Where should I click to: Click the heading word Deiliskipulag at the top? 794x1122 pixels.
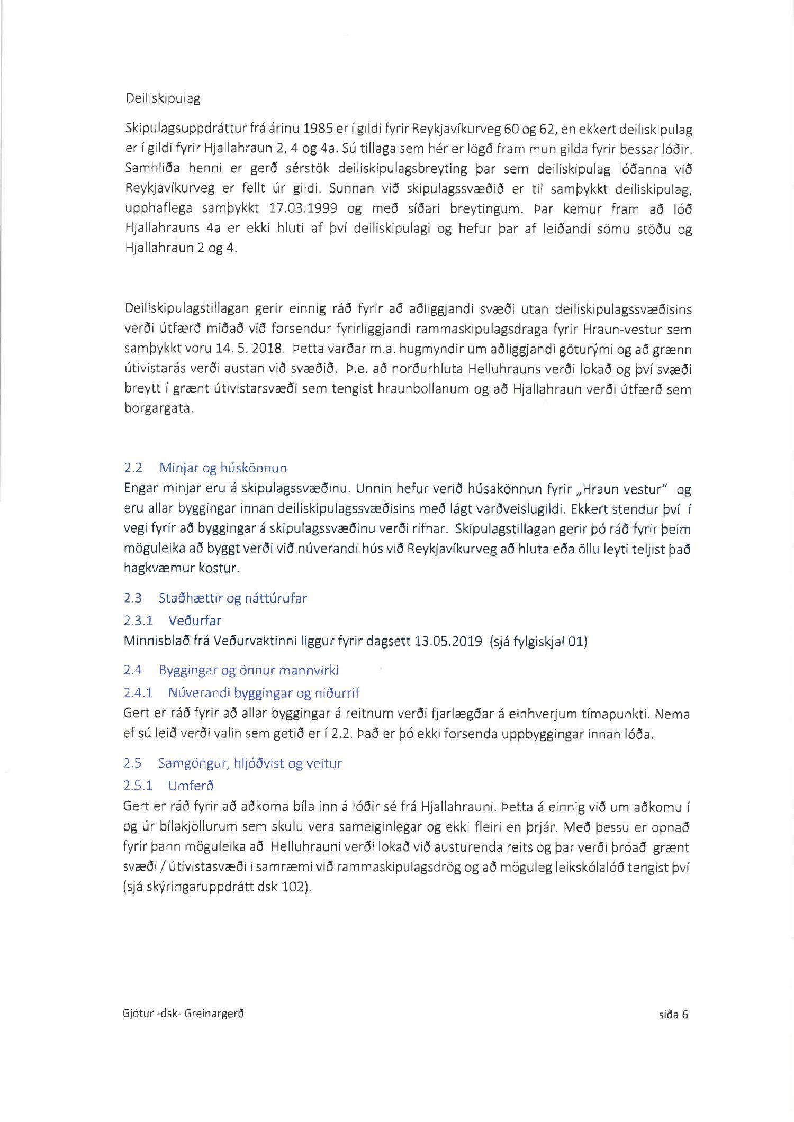(x=163, y=98)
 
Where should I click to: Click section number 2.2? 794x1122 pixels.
(x=133, y=468)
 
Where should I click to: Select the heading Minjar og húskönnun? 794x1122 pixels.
(x=223, y=468)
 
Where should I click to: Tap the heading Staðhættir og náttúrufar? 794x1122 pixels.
(x=232, y=598)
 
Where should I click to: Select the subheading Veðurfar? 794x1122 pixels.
(x=194, y=621)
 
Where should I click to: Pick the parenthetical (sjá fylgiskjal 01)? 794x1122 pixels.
(x=538, y=642)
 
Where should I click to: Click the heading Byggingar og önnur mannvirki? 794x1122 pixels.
(x=248, y=670)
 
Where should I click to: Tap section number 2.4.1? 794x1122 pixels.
(x=138, y=692)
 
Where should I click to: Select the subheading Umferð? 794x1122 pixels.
(x=191, y=786)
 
